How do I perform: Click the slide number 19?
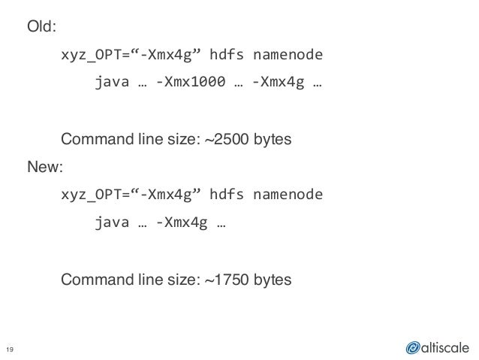click(11, 346)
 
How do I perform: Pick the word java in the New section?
click(109, 223)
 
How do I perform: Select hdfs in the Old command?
click(227, 56)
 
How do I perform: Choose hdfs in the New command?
click(227, 195)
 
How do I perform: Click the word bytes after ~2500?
click(272, 140)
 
